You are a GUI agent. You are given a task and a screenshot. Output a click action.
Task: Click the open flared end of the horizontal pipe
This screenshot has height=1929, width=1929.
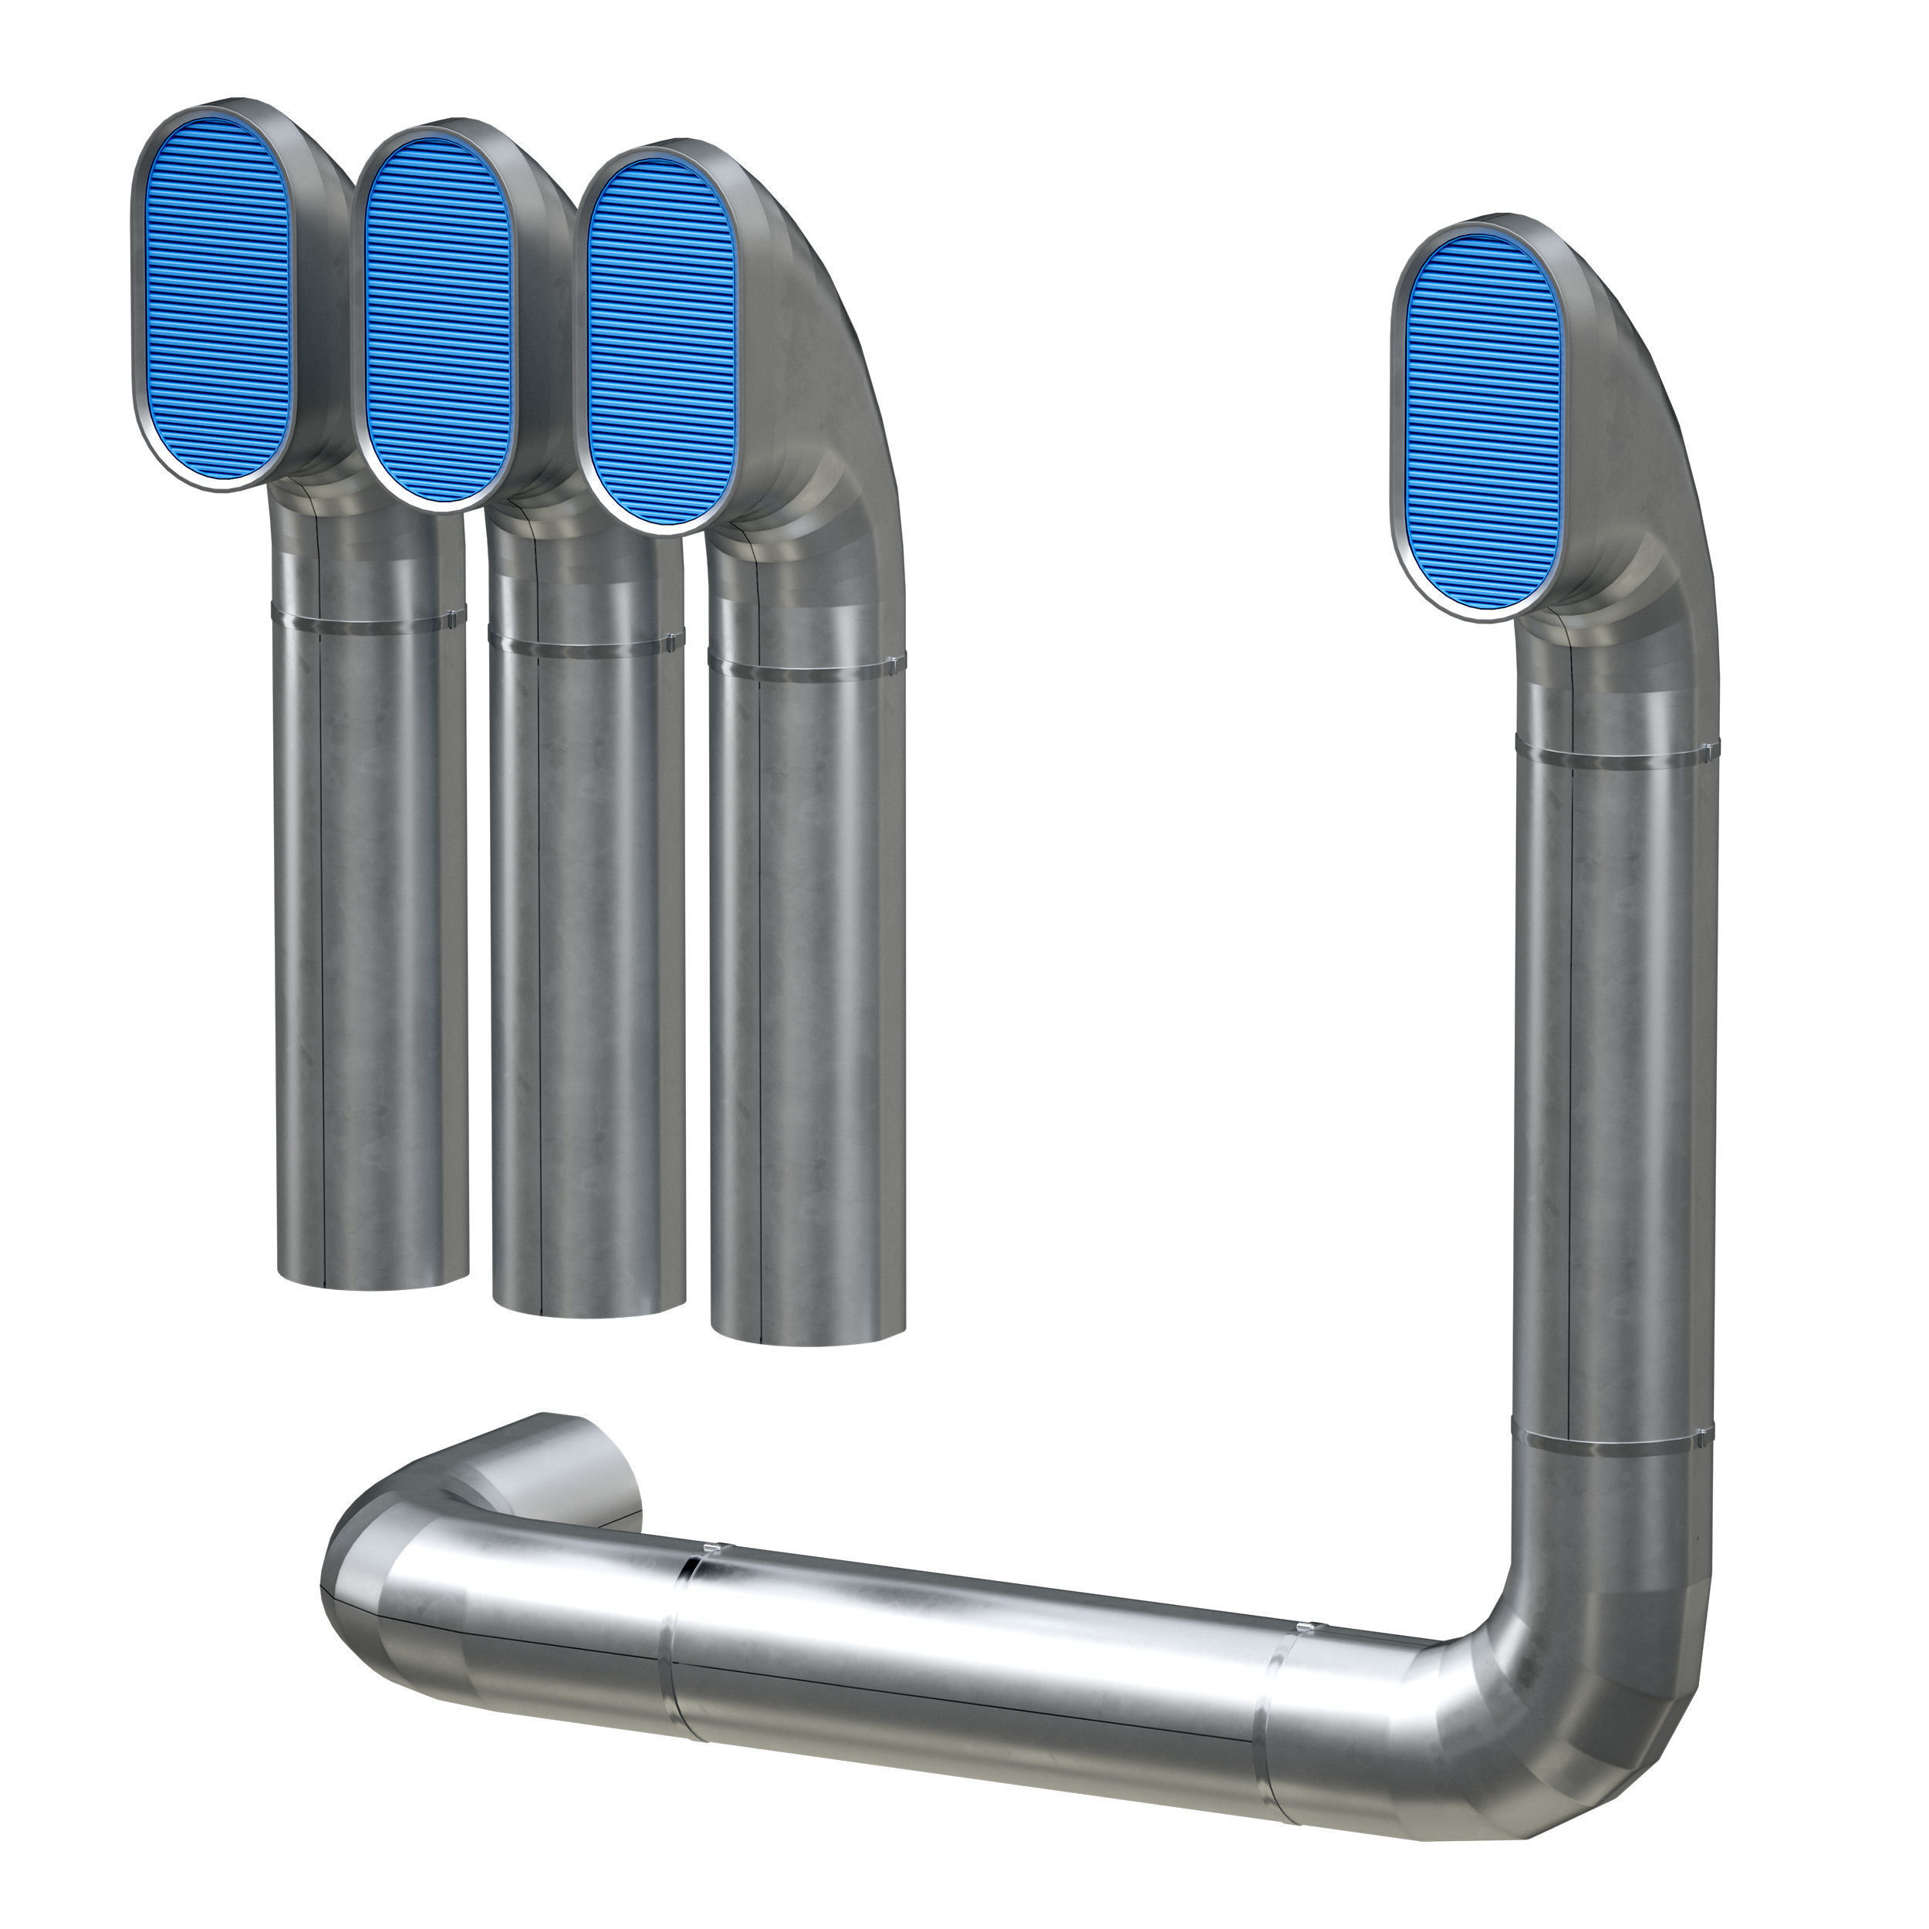click(x=579, y=1488)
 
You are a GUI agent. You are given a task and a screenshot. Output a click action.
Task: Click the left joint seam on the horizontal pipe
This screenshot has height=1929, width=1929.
click(x=679, y=1637)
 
